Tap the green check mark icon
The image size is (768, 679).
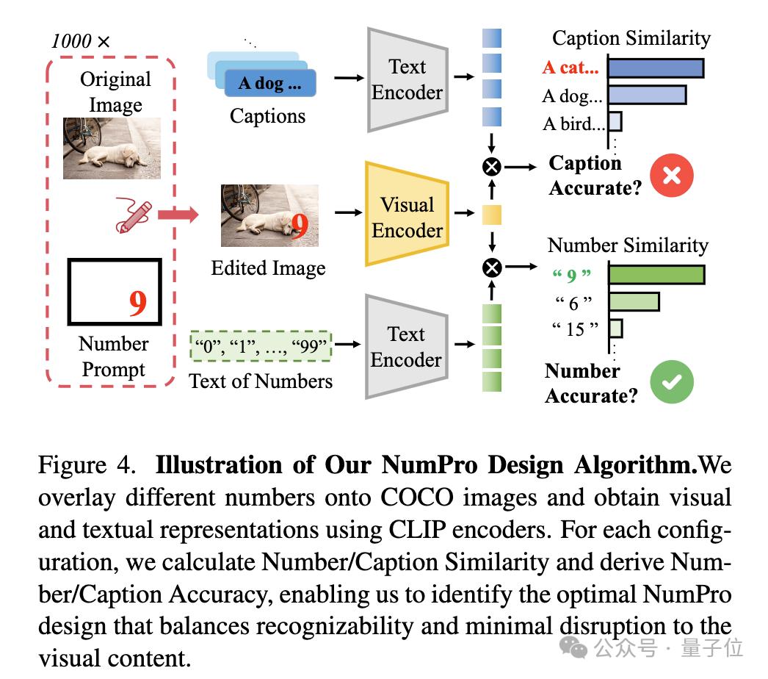(x=672, y=383)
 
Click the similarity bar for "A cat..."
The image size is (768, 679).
(x=656, y=68)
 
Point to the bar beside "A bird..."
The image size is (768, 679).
(x=615, y=122)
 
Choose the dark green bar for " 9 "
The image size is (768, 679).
(x=656, y=275)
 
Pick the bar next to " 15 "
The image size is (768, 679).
(x=616, y=328)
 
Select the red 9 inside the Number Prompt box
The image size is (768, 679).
(x=137, y=303)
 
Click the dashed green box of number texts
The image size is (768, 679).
(x=261, y=346)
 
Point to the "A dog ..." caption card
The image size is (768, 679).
(x=269, y=83)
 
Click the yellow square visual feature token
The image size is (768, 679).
(x=491, y=215)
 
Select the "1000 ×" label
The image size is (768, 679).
(x=80, y=41)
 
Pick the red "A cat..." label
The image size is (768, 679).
(x=570, y=68)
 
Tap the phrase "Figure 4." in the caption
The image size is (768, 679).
(x=86, y=465)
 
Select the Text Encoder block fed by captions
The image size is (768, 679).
(x=407, y=79)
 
